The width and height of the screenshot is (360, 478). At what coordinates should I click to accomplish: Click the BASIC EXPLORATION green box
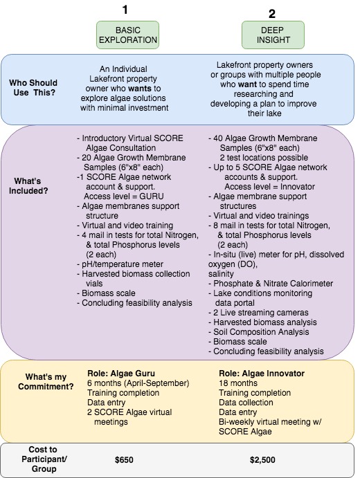tap(127, 35)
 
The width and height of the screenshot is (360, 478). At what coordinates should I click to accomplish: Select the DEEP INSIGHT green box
tap(273, 35)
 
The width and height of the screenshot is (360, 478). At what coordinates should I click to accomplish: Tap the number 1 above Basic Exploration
tap(125, 10)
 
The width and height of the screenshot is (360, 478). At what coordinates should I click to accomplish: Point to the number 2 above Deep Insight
tap(272, 14)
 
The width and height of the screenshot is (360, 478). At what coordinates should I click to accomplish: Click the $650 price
tap(124, 460)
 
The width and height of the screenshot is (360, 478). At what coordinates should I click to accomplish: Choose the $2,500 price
tap(262, 460)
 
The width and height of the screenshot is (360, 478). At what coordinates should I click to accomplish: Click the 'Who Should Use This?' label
tap(33, 87)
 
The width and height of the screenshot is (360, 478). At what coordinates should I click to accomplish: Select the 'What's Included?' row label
tap(28, 185)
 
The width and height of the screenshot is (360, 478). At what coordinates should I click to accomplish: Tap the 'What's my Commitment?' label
tap(46, 381)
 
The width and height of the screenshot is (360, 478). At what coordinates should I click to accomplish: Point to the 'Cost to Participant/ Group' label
tap(44, 459)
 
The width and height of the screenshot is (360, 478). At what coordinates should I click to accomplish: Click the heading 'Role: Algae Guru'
tap(121, 374)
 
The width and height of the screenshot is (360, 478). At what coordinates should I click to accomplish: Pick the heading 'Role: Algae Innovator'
tap(262, 374)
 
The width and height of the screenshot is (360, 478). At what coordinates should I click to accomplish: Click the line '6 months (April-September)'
tap(138, 383)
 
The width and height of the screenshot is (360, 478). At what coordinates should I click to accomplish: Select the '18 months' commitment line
tap(238, 383)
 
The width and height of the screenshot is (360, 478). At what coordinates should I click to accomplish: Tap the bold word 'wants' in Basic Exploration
tap(140, 89)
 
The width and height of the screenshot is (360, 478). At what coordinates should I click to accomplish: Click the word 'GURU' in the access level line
tap(152, 196)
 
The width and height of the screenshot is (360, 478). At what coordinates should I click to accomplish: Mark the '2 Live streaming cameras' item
tap(258, 313)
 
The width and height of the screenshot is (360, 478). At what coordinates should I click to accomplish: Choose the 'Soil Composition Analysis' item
tap(259, 332)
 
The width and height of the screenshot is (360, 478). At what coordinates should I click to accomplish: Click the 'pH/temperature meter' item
tap(120, 264)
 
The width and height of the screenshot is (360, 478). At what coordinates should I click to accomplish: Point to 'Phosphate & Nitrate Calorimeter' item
tap(271, 284)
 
